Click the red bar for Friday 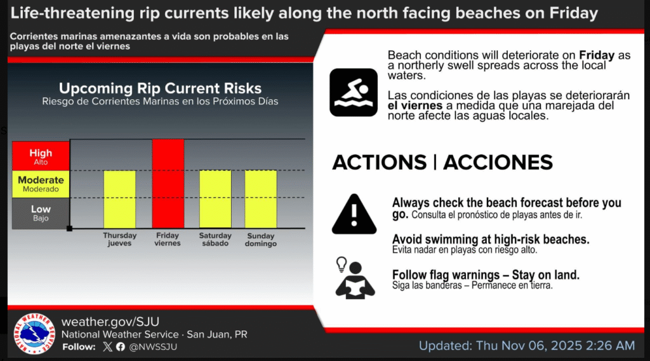[168, 184]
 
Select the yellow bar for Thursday [119, 199]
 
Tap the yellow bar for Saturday [215, 199]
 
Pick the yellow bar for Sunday [261, 199]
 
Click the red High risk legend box [41, 156]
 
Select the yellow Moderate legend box [41, 184]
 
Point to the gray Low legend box [41, 214]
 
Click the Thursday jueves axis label [120, 239]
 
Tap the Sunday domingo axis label [261, 240]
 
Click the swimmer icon [354, 93]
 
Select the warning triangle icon [354, 214]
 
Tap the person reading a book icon [354, 278]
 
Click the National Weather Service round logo [34, 334]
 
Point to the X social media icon [107, 347]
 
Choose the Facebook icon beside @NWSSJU [121, 347]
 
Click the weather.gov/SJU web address [110, 322]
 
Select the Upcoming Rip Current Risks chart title [160, 88]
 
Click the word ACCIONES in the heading [498, 162]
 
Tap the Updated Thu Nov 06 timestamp [527, 346]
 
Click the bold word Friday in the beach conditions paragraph [597, 55]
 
